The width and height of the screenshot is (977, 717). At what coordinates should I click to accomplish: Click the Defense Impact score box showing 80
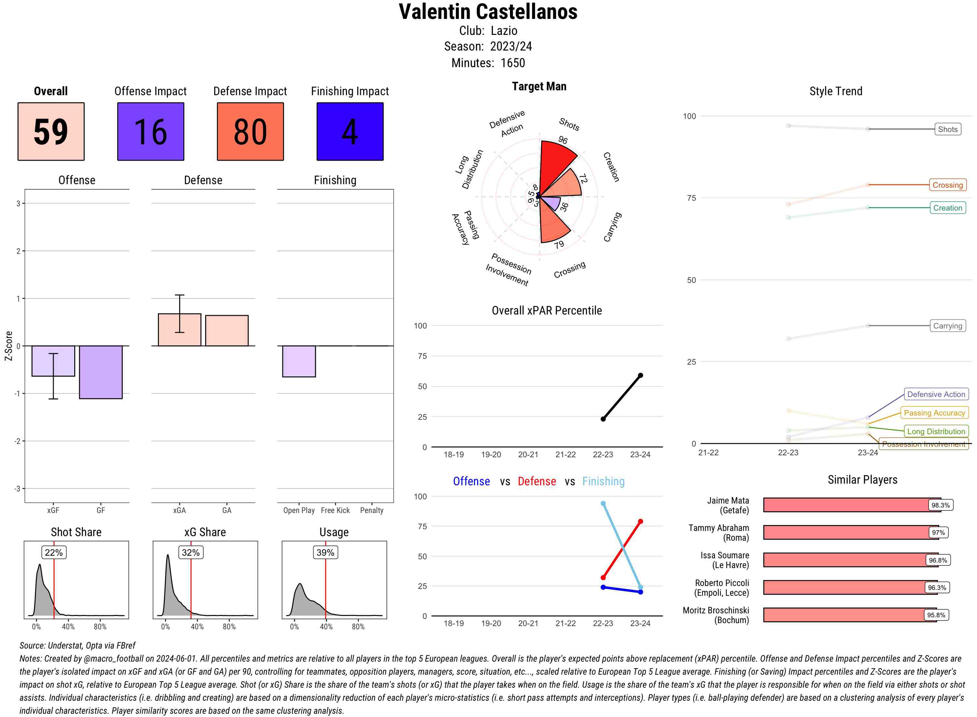pyautogui.click(x=250, y=132)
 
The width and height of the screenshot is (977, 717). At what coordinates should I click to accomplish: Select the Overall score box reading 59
pyautogui.click(x=51, y=132)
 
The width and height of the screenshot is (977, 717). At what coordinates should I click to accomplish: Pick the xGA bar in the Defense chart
pyautogui.click(x=179, y=329)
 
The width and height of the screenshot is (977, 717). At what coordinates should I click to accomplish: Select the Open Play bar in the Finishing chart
pyautogui.click(x=299, y=361)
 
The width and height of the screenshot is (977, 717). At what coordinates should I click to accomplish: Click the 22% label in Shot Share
pyautogui.click(x=54, y=552)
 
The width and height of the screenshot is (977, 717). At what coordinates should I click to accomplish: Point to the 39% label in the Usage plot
pyautogui.click(x=325, y=552)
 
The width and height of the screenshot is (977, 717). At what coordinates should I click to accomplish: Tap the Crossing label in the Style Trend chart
pyautogui.click(x=947, y=185)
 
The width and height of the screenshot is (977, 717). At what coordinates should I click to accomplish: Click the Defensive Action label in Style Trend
pyautogui.click(x=936, y=394)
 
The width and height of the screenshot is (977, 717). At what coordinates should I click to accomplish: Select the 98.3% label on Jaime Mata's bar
pyautogui.click(x=940, y=505)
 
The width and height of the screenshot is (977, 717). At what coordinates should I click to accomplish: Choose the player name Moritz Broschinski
pyautogui.click(x=715, y=615)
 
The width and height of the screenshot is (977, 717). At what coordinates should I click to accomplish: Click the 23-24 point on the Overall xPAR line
pyautogui.click(x=640, y=375)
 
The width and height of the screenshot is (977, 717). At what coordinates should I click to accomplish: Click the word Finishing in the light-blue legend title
pyautogui.click(x=603, y=481)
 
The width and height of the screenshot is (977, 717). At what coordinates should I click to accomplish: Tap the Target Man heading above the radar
pyautogui.click(x=539, y=86)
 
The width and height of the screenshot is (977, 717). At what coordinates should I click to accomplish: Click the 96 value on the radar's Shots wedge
pyautogui.click(x=563, y=140)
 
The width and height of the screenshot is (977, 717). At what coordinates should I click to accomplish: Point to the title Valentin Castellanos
pyautogui.click(x=488, y=12)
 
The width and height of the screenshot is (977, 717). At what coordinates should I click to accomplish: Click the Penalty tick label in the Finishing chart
pyautogui.click(x=372, y=510)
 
